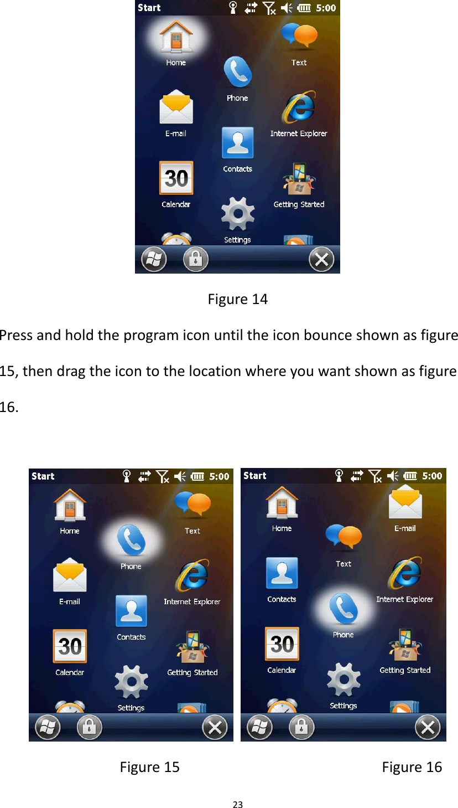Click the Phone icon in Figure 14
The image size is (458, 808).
coord(237,73)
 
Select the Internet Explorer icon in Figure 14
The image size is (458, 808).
coord(299,108)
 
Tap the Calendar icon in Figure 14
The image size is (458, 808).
coord(176,178)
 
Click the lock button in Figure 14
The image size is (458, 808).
coord(195,259)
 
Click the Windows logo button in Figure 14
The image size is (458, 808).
coord(154,259)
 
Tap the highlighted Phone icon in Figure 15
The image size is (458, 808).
coord(131,541)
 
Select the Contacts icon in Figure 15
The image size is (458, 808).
coord(131,611)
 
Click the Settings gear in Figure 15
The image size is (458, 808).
coord(131,682)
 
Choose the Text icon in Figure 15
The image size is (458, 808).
coord(192,505)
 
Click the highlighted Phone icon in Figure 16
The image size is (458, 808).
coord(343,609)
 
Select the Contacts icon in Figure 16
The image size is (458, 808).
coord(282,574)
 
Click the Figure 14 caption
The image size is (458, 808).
coord(237,299)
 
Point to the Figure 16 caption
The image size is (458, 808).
coord(412,767)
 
